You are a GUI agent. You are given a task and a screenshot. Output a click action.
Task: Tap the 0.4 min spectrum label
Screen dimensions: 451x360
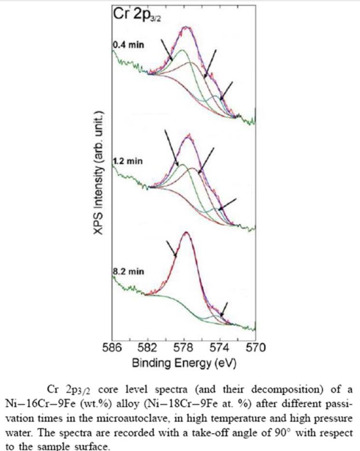tap(128, 45)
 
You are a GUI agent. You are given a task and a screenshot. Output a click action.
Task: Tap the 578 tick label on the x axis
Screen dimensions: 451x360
tap(183, 347)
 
